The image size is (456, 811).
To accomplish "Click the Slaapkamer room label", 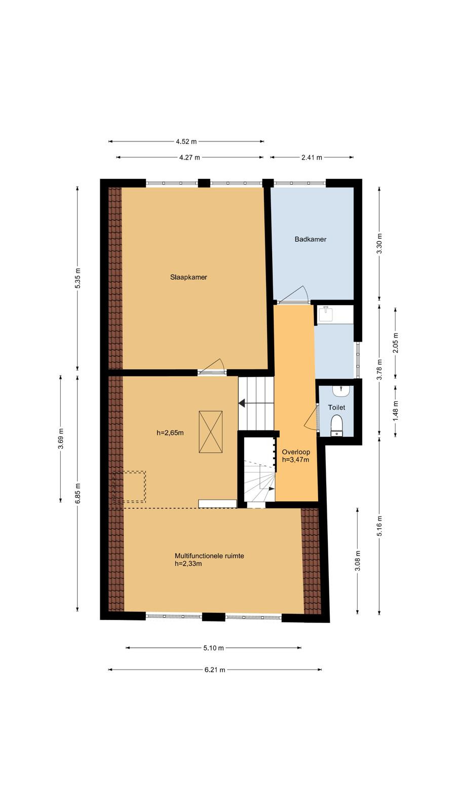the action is [x=188, y=277].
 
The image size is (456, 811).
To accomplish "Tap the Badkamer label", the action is [x=311, y=239].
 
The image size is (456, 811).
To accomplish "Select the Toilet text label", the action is [x=336, y=408].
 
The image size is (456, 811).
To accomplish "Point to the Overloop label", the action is [x=296, y=452].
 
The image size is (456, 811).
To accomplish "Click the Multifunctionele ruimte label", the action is [x=209, y=556].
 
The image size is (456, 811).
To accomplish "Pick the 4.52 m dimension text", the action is [x=186, y=141].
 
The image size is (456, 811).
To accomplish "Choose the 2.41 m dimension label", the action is [x=312, y=158].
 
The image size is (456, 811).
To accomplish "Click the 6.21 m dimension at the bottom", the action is [x=215, y=670].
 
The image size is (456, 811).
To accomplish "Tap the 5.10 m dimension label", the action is [x=213, y=648].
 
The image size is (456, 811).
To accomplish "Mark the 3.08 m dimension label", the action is [x=358, y=561].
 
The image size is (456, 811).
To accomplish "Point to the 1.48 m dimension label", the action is [x=396, y=411].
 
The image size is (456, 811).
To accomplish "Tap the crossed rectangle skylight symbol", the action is [x=211, y=432].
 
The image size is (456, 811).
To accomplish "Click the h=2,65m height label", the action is [x=170, y=433].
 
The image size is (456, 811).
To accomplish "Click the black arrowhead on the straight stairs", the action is [x=242, y=403].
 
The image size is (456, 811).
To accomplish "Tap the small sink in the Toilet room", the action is [x=341, y=390].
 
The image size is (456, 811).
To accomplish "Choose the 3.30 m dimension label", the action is [x=379, y=244].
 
